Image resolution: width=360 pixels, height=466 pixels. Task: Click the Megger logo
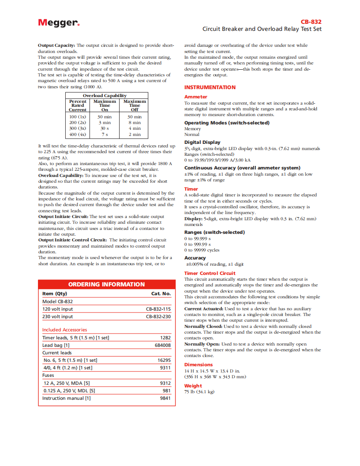tap(59, 23)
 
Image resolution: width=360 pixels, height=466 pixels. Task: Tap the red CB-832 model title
tap(311, 22)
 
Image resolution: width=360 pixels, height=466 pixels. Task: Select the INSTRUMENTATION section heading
tap(210, 87)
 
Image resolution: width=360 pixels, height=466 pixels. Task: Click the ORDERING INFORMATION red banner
tap(106, 284)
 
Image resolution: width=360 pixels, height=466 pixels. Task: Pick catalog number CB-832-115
tap(158, 309)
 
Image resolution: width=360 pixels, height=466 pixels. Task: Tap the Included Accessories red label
tap(65, 330)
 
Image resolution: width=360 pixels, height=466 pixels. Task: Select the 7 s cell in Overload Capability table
tap(105, 134)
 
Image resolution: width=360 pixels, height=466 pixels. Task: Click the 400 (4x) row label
tap(78, 134)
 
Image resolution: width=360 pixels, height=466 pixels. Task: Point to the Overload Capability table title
tap(105, 95)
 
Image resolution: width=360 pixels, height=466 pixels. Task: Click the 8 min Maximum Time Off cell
tap(135, 123)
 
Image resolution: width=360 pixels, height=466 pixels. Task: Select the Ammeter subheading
tap(195, 97)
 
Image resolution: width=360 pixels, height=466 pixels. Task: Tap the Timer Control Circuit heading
tap(210, 273)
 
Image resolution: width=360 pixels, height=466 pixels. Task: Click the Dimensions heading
tap(199, 365)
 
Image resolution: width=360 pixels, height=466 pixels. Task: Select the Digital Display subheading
tap(202, 142)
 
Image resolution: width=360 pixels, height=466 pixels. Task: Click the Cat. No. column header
tap(161, 293)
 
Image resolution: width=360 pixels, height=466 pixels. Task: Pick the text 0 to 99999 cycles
tap(202, 250)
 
